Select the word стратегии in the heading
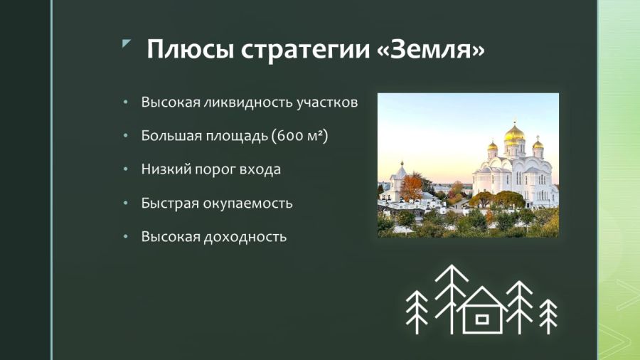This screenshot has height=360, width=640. coord(305,50)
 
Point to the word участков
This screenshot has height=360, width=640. coord(327,102)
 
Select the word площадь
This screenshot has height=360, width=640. coord(236,136)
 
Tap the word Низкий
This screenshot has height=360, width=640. coord(165,169)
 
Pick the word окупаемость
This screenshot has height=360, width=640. coord(253,203)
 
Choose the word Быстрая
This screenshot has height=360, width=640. coord(176,203)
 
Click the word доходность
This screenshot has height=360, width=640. coord(245,237)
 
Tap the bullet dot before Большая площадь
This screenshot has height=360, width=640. coord(126,135)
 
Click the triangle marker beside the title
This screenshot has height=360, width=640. coord(126,43)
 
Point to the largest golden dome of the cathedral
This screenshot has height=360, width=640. coord(514,134)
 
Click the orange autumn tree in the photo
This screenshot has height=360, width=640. coord(412,187)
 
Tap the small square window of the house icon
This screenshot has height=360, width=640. coord(482,319)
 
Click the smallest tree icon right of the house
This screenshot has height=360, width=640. coord(548,317)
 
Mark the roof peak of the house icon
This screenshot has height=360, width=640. coord(482,287)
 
